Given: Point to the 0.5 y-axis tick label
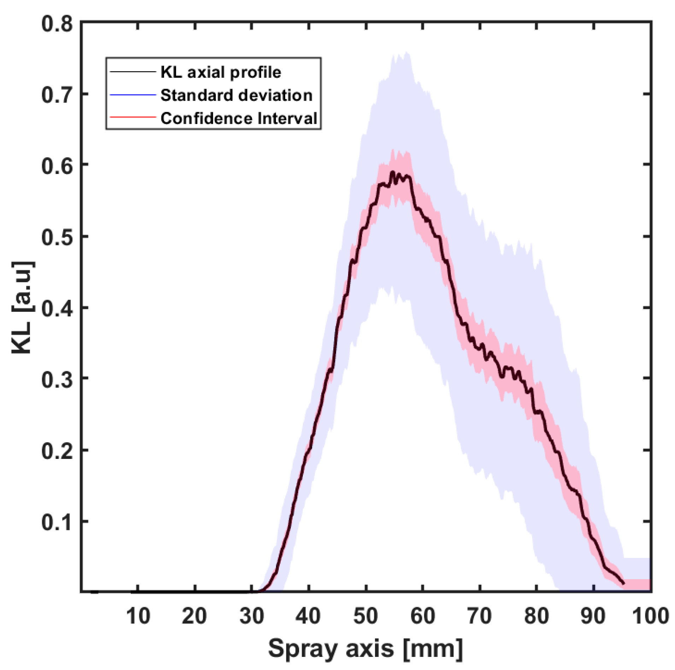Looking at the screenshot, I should click(57, 237).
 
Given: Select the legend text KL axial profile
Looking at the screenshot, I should click(221, 72).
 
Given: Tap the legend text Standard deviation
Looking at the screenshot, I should click(236, 95).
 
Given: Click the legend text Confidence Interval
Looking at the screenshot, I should click(239, 118).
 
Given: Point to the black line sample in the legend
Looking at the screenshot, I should click(133, 72).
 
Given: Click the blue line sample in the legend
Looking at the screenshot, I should click(133, 95).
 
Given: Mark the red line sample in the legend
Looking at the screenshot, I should click(133, 117).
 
